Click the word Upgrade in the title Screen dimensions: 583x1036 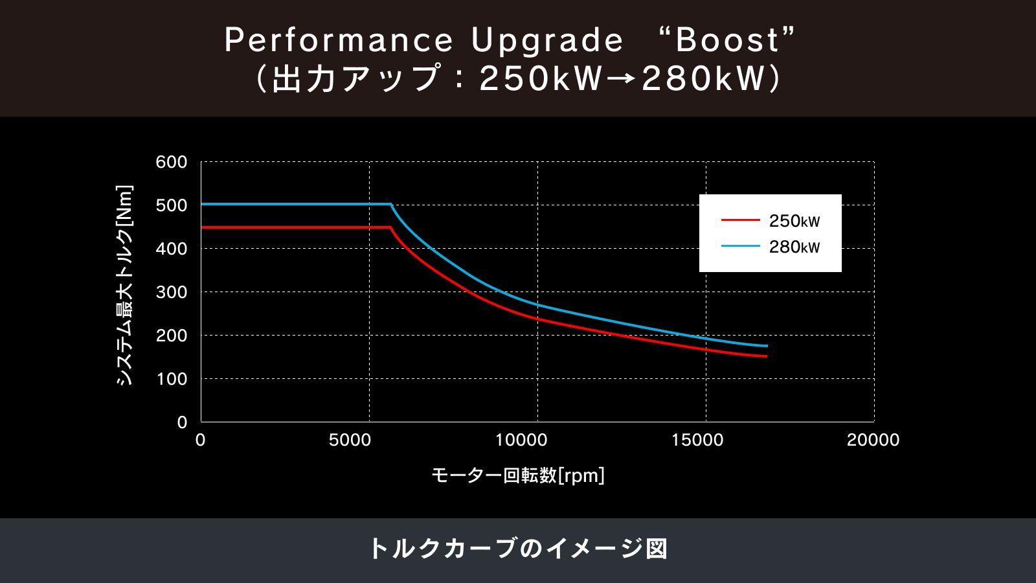point(547,40)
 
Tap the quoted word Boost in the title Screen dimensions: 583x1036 point(728,40)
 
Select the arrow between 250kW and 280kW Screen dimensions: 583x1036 point(622,79)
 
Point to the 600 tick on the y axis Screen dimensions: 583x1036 point(172,162)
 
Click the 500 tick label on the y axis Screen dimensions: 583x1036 point(172,205)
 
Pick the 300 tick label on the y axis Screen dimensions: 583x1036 point(172,292)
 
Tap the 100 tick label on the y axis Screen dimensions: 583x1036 point(172,379)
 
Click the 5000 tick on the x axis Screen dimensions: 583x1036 point(350,440)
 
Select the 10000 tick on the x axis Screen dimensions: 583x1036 point(521,440)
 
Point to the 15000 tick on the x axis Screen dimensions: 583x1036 point(697,440)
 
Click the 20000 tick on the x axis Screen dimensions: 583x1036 point(873,440)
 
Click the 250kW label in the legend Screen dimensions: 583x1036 point(794,221)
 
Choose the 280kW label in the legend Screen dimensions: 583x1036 point(794,247)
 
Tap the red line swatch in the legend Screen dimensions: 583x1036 point(740,220)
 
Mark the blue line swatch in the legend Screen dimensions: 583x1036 point(740,246)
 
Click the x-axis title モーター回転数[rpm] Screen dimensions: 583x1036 point(518,476)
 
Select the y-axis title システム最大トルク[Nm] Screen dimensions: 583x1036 point(124,285)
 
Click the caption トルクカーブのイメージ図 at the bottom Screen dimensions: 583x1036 point(518,549)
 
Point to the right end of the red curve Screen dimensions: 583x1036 point(766,356)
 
